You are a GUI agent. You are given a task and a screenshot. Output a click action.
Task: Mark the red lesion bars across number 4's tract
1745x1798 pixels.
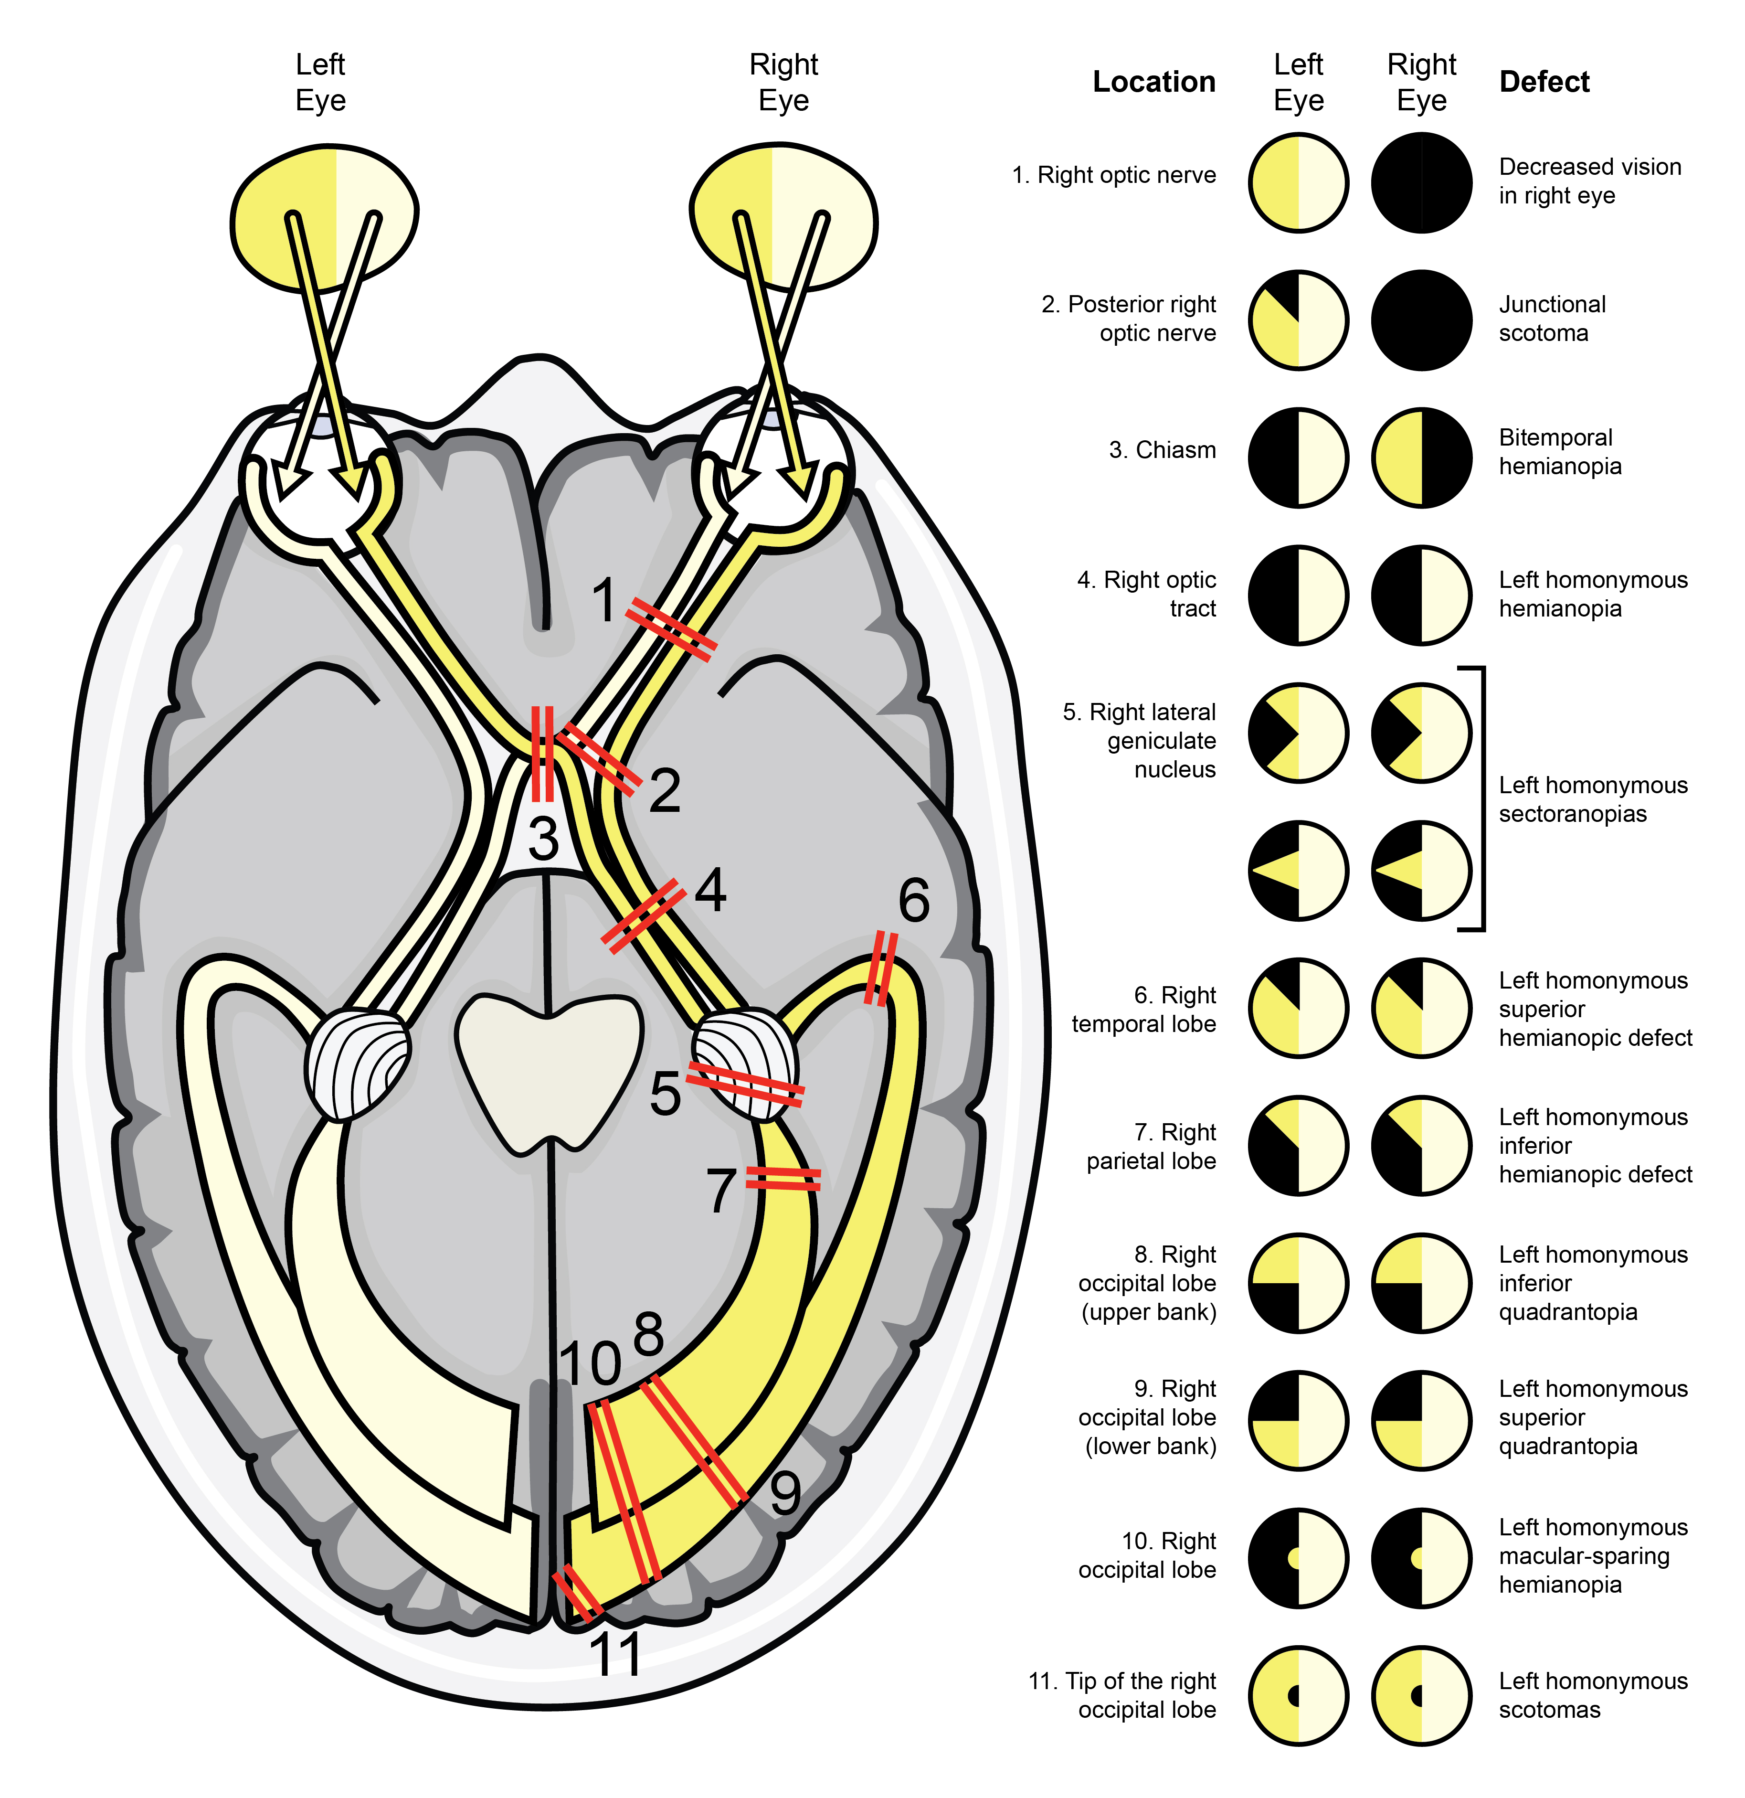pyautogui.click(x=642, y=915)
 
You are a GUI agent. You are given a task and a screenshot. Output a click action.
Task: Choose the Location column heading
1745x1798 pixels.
pyautogui.click(x=1153, y=82)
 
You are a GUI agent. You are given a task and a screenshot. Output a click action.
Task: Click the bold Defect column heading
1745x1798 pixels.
pyautogui.click(x=1544, y=82)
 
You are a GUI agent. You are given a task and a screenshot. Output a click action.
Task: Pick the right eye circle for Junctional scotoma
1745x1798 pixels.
pyautogui.click(x=1421, y=320)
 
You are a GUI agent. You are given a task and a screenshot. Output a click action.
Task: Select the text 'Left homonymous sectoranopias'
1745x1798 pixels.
pyautogui.click(x=1593, y=799)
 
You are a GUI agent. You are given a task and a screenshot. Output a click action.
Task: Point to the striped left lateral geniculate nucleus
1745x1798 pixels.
pyautogui.click(x=358, y=1064)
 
